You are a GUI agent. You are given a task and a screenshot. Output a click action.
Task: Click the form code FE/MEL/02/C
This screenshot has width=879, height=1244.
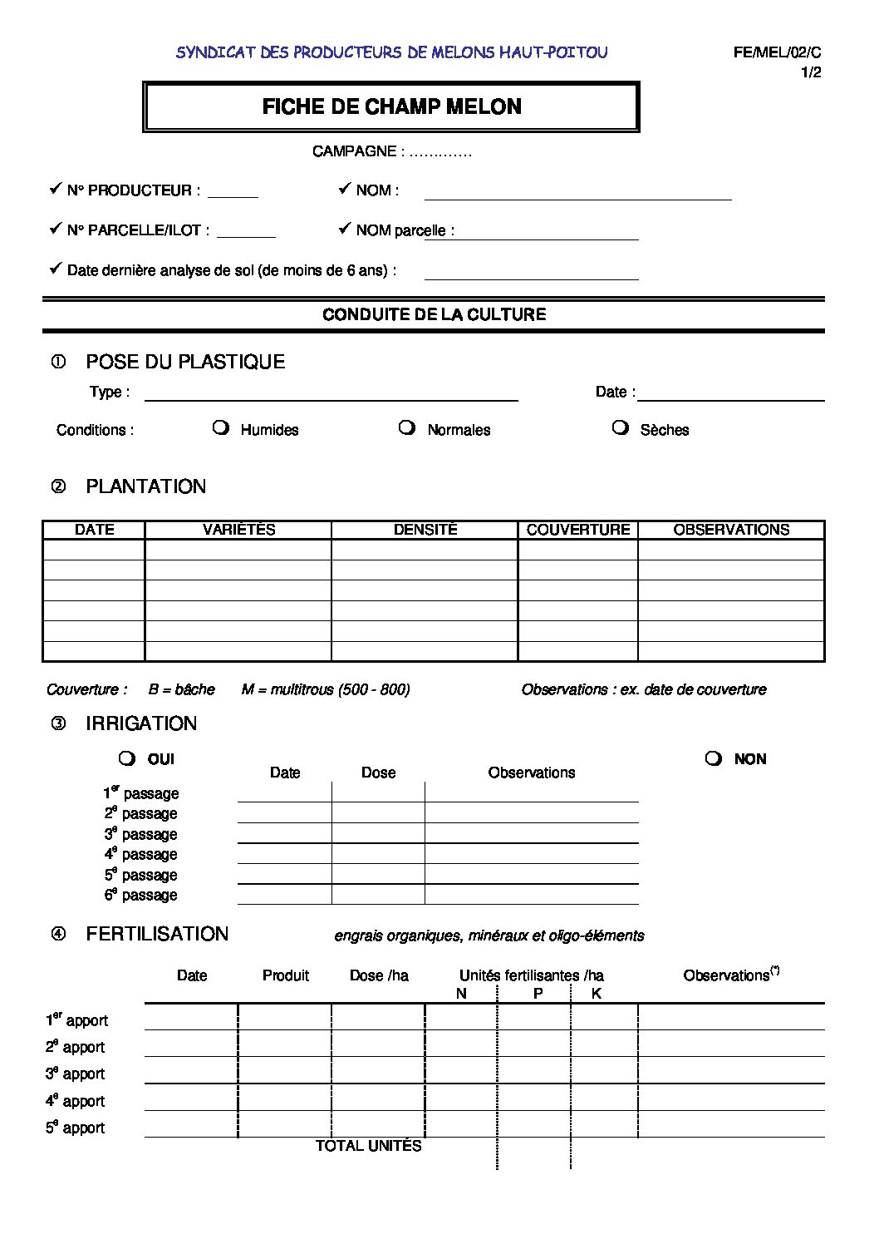pos(777,52)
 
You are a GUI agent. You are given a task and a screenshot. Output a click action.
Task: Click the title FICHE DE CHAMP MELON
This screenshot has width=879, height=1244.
pos(391,106)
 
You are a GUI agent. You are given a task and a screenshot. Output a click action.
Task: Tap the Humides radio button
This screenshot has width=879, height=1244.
pos(220,427)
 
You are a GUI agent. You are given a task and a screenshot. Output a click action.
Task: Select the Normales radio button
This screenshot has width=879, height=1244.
pos(406,427)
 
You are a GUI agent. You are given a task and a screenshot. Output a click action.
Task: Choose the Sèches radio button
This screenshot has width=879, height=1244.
pos(620,427)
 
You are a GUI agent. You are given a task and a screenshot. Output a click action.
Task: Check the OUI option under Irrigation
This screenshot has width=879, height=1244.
pos(126,758)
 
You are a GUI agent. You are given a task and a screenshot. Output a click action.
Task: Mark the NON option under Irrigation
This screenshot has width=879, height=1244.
pos(713,758)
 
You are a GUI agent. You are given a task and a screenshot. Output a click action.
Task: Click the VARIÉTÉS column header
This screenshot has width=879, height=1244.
pos(238,530)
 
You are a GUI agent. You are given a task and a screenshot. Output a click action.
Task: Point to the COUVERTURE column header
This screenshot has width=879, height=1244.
pos(578,530)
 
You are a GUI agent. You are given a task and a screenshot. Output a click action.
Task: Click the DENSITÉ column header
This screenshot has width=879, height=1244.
pos(425,530)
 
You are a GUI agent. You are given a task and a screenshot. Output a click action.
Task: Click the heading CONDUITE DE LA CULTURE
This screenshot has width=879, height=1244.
pos(434,314)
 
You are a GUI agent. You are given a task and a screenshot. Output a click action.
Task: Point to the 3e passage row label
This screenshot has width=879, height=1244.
pos(140,834)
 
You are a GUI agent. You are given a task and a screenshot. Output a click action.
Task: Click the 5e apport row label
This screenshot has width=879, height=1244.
pos(76,1128)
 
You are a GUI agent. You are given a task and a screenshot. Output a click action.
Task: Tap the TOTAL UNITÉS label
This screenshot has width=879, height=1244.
pos(368,1146)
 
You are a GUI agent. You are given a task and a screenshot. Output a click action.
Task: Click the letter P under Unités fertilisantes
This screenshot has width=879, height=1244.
pos(538,994)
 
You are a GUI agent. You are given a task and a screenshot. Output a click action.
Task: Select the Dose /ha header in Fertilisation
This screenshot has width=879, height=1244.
pos(379,975)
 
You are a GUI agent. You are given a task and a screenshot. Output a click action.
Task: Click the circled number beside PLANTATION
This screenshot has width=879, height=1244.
pos(58,486)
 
